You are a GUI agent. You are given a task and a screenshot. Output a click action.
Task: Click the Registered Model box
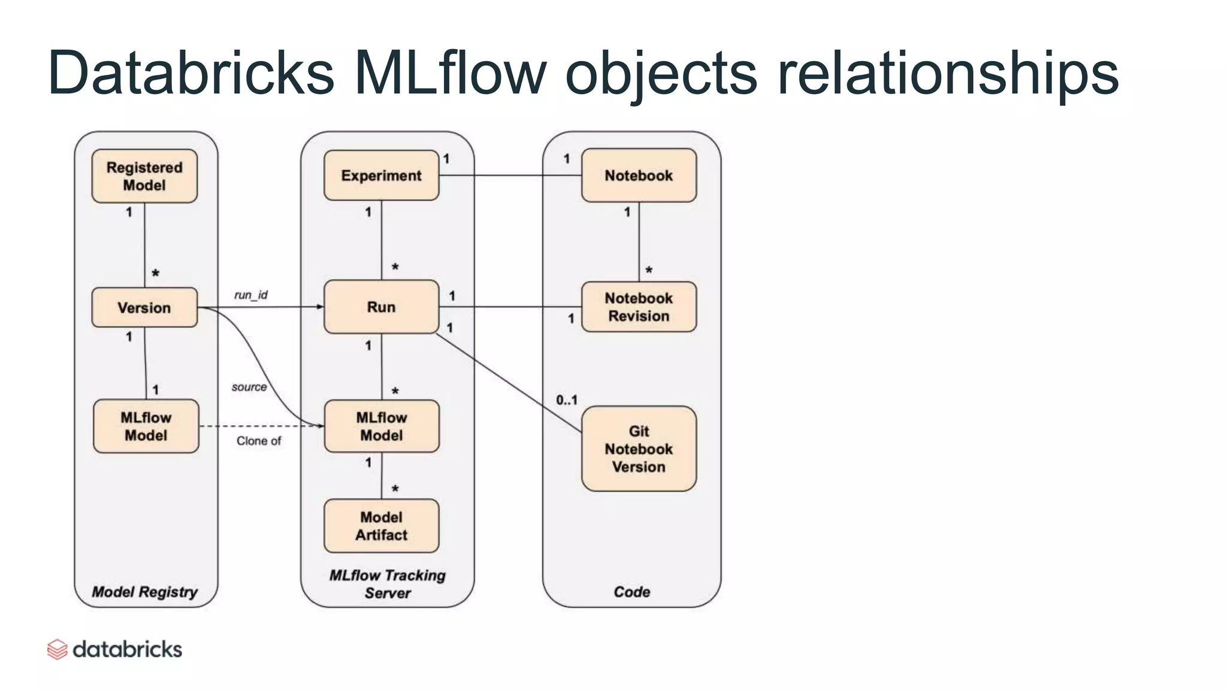coord(144,176)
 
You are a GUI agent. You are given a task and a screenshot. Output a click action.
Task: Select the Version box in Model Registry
coord(144,308)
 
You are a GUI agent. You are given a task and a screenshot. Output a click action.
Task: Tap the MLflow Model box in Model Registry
coord(146,426)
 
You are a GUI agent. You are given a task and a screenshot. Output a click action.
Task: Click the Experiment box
coord(381,175)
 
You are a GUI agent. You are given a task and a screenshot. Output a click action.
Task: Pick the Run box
coord(381,307)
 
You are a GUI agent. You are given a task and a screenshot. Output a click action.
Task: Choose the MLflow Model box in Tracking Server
coord(381,426)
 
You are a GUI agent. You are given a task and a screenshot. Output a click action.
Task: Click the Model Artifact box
coord(381,526)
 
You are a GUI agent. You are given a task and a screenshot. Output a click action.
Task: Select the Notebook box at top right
coord(639,175)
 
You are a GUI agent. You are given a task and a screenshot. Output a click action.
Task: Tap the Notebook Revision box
coord(639,307)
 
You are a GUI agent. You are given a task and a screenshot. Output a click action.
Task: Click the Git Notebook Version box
coord(639,449)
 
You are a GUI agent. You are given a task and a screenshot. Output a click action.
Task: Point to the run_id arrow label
coord(250,295)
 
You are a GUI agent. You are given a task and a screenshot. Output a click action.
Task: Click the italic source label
coord(249,387)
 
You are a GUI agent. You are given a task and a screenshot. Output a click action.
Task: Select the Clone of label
coord(258,441)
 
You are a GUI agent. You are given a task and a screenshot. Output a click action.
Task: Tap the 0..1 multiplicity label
coord(566,400)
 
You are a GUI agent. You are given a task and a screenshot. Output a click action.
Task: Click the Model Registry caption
coord(144,592)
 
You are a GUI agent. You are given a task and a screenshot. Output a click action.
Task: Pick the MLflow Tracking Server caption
coord(387,584)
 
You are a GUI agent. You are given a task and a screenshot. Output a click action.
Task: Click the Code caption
coord(631,592)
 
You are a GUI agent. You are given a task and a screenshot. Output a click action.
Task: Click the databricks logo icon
coord(57,649)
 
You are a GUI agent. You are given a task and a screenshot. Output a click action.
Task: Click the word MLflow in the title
coord(449,73)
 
